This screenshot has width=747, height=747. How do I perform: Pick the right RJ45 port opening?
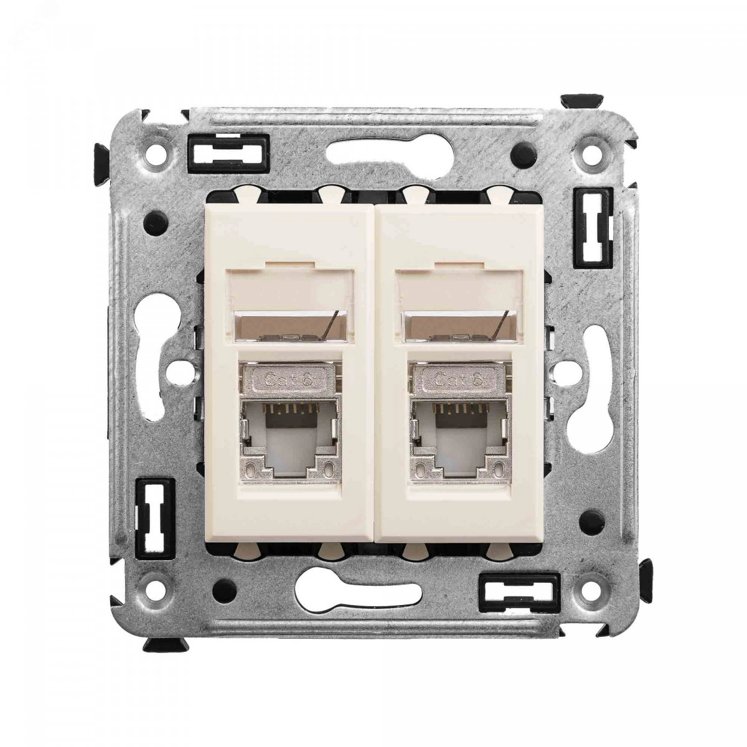click(460, 440)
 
